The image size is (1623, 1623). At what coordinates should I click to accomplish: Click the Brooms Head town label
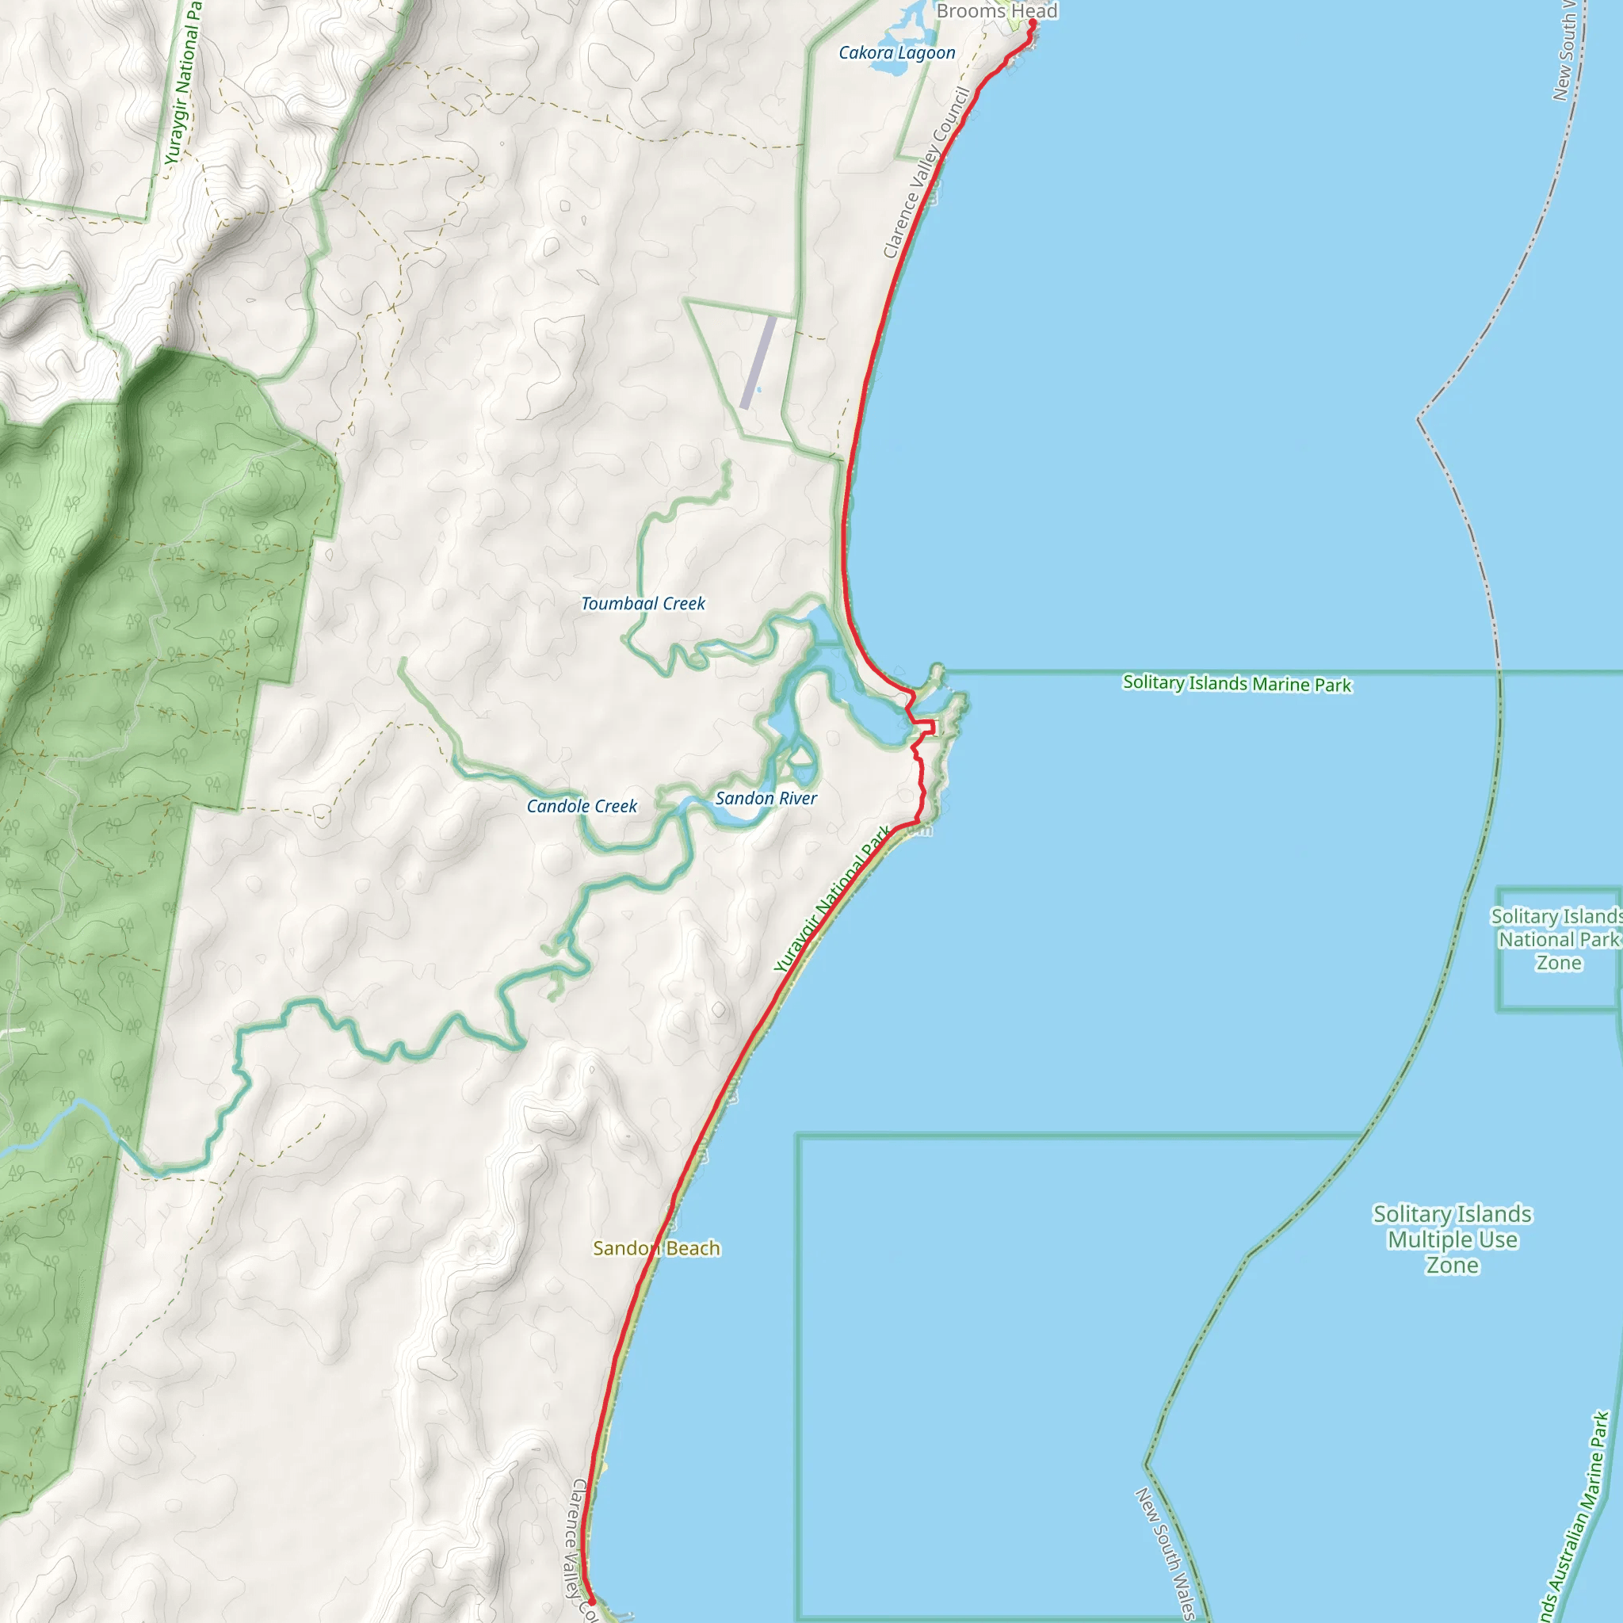click(x=996, y=11)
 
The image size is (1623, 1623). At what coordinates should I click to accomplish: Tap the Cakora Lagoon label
click(x=896, y=53)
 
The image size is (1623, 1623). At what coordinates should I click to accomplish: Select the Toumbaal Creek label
click(x=643, y=603)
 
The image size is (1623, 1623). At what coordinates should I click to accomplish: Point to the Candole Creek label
click(x=582, y=806)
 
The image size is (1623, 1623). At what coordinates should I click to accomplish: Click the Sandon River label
click(x=766, y=798)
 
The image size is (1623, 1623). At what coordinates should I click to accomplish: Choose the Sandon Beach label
click(x=656, y=1248)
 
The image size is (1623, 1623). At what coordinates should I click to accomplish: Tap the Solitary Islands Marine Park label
click(x=1236, y=683)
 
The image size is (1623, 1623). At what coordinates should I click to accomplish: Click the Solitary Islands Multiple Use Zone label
click(x=1452, y=1239)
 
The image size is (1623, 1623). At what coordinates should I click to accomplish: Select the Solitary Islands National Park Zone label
click(x=1557, y=939)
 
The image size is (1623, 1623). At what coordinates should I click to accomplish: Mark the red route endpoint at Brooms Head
click(x=1032, y=23)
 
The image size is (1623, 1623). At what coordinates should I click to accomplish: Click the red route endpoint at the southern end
click(x=591, y=1602)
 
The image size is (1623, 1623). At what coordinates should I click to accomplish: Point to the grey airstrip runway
click(x=758, y=362)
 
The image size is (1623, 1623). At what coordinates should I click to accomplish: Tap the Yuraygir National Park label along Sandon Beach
click(x=831, y=899)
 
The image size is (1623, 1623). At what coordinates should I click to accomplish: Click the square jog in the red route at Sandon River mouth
click(x=927, y=727)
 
